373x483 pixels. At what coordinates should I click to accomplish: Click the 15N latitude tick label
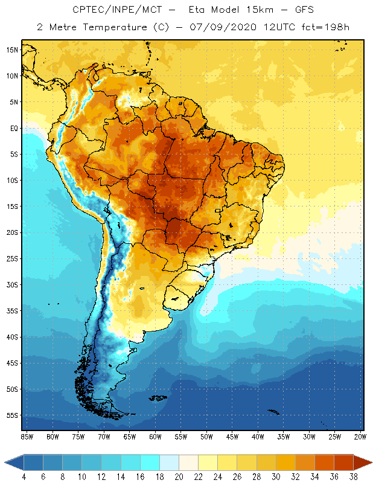pos(13,50)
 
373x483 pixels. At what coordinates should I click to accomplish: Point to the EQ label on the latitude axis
pos(13,128)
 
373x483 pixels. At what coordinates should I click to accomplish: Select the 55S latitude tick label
pos(13,415)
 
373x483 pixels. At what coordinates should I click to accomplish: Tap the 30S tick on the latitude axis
pos(13,284)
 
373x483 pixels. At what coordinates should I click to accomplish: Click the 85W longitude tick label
pos(27,436)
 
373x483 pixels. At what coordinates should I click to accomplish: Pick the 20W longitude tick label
pos(360,436)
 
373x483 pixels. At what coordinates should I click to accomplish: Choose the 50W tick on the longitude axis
pos(206,436)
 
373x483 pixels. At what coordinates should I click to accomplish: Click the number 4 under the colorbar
pos(24,476)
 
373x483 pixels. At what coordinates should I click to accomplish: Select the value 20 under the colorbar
pos(178,476)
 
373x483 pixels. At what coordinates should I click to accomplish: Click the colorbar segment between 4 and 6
pos(33,462)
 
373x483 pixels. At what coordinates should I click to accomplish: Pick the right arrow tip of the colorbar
pos(371,462)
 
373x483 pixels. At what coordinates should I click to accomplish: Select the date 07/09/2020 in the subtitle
pos(217,28)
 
